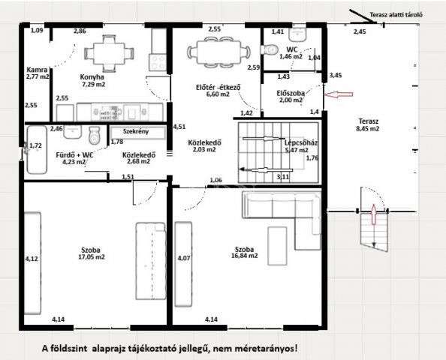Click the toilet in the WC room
[x=267, y=49]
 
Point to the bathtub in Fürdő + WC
[x=37, y=150]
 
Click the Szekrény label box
[x=136, y=131]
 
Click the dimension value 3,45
[x=336, y=75]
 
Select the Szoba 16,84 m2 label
[x=246, y=251]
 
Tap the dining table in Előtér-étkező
[x=218, y=52]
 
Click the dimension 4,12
[x=32, y=259]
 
